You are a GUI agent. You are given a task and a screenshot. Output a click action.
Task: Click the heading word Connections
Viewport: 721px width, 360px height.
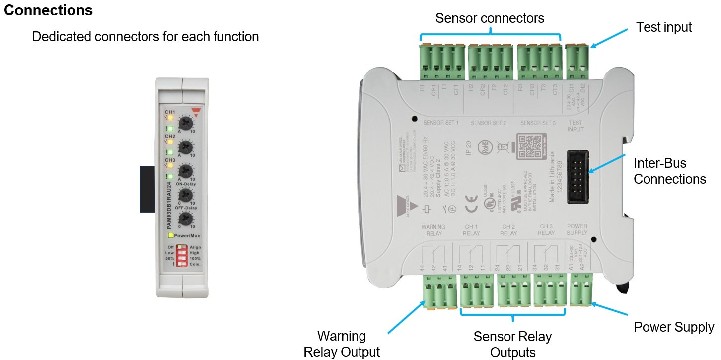(48, 10)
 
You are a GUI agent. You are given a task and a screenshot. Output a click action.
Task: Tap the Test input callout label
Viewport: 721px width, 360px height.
(663, 27)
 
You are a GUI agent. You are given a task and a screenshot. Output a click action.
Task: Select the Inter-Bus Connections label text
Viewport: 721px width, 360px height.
(669, 171)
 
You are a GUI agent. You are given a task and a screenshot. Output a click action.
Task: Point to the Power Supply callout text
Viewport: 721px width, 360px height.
(673, 327)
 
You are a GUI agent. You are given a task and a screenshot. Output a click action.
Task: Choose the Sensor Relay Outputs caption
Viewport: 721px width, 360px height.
(512, 344)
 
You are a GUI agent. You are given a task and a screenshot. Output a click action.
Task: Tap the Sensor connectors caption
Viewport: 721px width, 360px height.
(490, 18)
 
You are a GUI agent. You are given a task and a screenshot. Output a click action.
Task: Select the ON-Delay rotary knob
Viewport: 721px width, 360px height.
(185, 194)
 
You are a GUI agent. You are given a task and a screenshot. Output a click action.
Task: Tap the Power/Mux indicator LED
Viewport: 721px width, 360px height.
(170, 235)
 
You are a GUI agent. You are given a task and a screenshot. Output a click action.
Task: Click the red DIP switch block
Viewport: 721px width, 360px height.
(182, 255)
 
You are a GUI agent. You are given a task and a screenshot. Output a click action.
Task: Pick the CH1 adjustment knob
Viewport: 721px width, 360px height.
(185, 122)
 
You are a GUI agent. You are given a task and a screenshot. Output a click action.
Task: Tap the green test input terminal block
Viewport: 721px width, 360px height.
(577, 63)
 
